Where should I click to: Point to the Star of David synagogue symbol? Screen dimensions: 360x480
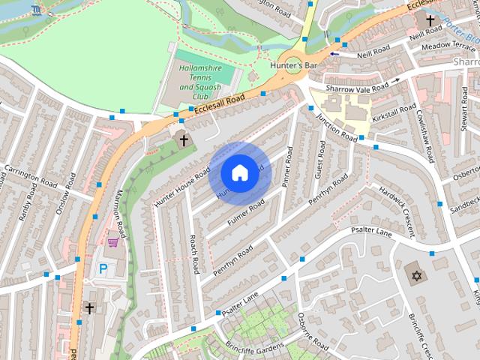414,275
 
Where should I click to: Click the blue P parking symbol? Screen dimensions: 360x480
103,268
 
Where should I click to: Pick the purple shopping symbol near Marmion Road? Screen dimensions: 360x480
112,243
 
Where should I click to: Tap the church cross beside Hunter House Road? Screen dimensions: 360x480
183,140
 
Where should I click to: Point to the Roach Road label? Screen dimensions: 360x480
193,253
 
